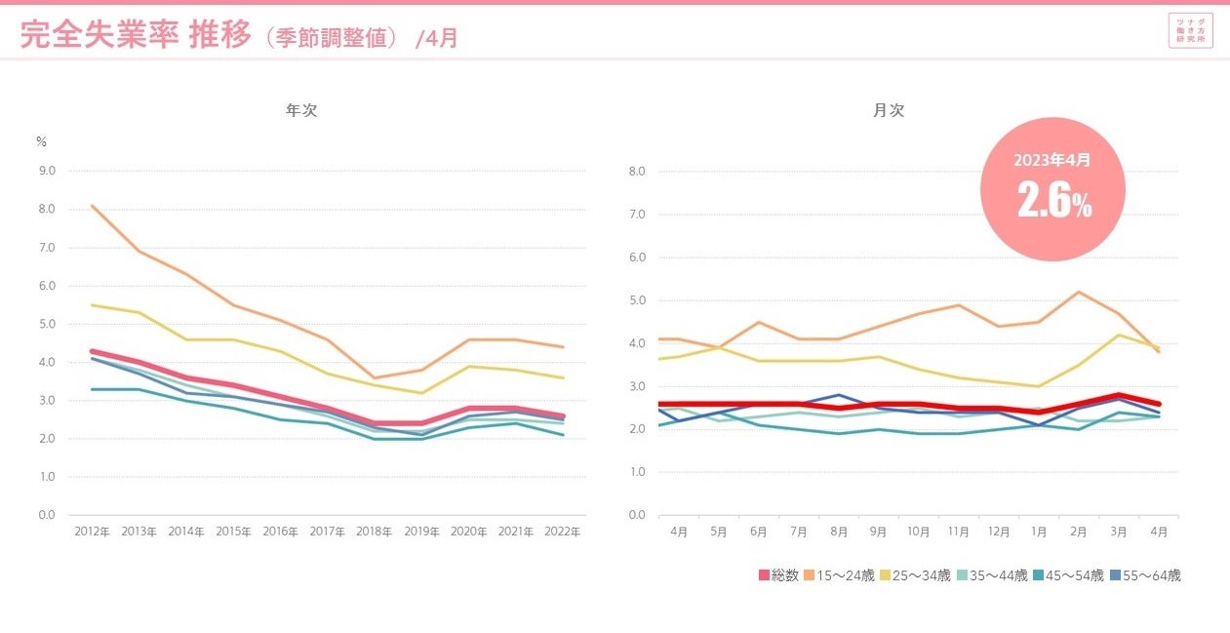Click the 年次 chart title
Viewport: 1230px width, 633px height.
pos(301,111)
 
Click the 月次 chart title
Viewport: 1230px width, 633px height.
pos(889,111)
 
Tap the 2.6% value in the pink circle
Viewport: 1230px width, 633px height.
pos(1053,199)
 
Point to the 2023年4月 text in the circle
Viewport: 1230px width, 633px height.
pos(1051,159)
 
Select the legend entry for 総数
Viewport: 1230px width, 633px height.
pos(779,575)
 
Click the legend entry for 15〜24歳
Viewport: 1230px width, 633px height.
pos(839,575)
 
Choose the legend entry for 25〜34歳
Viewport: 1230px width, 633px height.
pos(917,575)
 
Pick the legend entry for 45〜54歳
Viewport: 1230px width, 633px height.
pos(1071,575)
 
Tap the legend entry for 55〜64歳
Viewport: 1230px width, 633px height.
pos(1148,575)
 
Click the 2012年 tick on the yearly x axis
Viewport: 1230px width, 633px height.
pos(91,532)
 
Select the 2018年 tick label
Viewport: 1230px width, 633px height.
pos(375,532)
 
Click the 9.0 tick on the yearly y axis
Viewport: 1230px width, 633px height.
pos(46,171)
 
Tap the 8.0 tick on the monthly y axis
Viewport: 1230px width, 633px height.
pos(637,172)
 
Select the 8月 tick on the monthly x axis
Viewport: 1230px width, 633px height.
pos(839,532)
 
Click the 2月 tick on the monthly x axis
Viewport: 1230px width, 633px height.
pos(1078,532)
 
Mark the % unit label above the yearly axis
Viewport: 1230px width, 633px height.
pos(41,141)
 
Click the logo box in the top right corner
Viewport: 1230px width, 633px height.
pos(1190,30)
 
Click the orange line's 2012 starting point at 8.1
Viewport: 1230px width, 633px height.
pos(91,206)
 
